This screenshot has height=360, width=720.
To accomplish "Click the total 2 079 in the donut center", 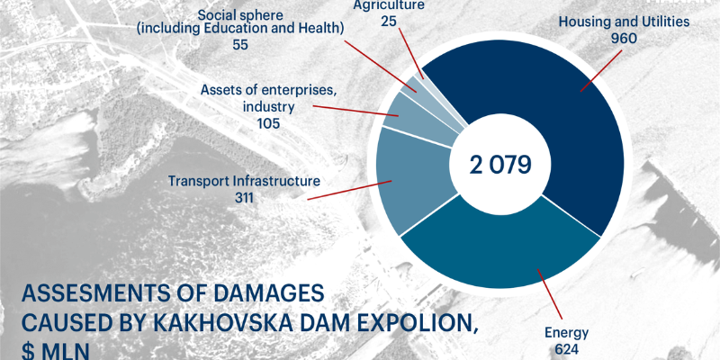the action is point(500,165).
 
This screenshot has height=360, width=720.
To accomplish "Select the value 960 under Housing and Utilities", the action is point(624,39).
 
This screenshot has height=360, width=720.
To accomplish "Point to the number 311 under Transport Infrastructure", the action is point(244,197).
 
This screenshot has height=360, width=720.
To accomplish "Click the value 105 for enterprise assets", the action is point(268,123).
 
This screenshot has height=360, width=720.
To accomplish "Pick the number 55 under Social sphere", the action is point(240,44).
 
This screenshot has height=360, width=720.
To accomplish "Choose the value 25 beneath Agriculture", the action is point(390,21).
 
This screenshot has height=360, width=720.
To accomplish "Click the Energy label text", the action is point(567,333).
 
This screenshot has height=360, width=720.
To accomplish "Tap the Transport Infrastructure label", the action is point(244,181).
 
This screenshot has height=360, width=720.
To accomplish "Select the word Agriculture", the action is point(390,5).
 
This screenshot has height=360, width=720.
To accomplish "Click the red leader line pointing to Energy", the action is point(550,294).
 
